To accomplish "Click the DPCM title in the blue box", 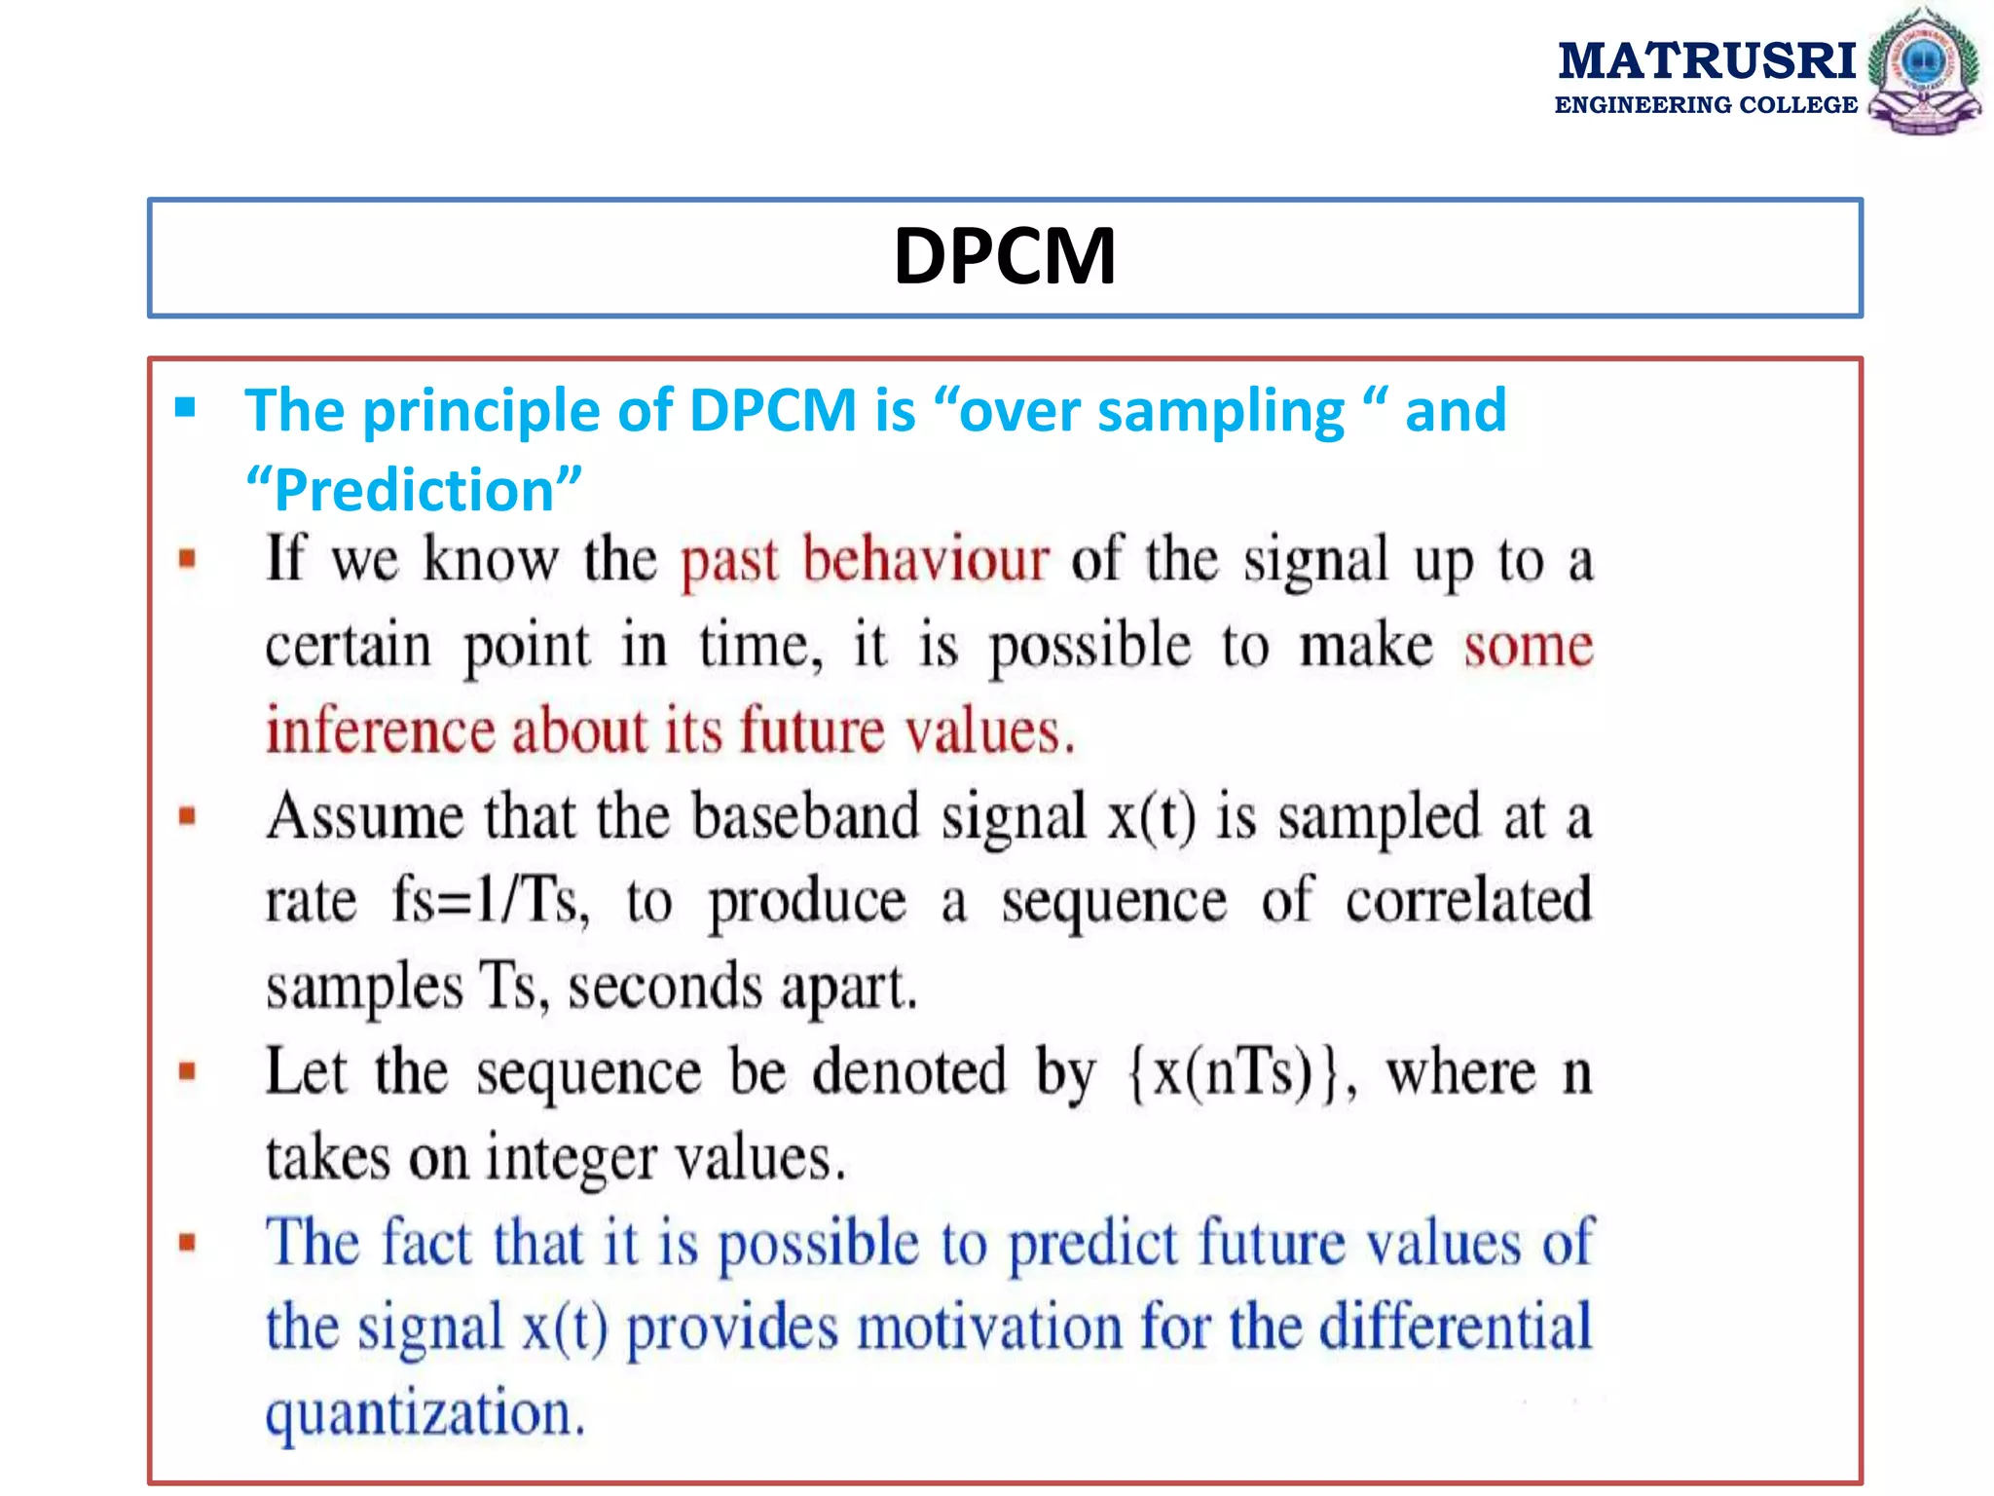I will [x=1005, y=256].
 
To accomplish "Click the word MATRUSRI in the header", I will [x=1707, y=61].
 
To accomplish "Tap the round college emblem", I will [x=1923, y=71].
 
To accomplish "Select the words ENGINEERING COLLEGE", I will [x=1706, y=105].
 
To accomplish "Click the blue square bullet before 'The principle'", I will [x=185, y=407].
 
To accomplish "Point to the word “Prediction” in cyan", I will [x=414, y=489].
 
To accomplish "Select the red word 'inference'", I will [x=380, y=731].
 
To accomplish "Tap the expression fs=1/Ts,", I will [x=491, y=901].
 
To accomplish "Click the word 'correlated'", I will [x=1468, y=901].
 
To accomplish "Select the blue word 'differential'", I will [x=1456, y=1328].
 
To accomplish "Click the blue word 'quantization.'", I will [x=425, y=1413].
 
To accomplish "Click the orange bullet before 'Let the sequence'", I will [x=188, y=1072].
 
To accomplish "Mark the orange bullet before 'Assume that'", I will [x=188, y=816].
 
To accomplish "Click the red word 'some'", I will [x=1528, y=646].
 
